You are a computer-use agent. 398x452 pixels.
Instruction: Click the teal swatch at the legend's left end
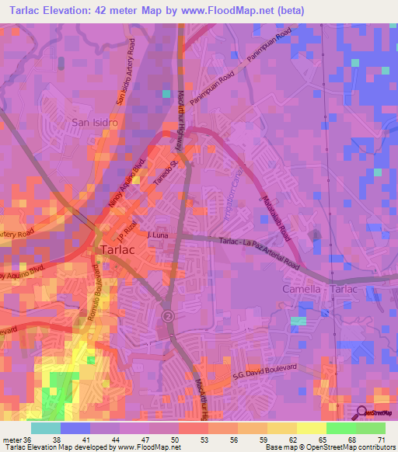click(45, 427)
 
